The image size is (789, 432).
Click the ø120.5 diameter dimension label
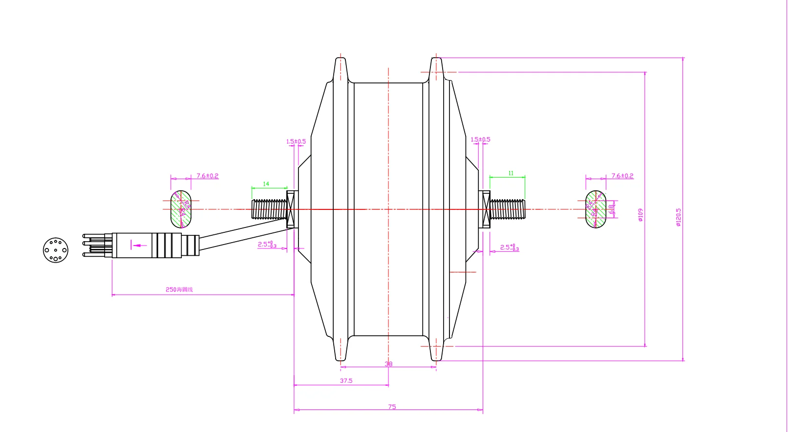678,217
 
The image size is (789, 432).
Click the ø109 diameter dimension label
640,215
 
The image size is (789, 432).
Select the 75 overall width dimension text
392,407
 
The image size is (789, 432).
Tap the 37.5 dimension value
346,381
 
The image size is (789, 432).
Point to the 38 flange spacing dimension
388,364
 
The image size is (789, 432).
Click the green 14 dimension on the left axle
266,184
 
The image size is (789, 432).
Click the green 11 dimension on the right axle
511,173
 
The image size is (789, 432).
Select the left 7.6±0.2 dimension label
207,176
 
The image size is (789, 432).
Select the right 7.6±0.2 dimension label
622,176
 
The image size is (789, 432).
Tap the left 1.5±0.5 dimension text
296,142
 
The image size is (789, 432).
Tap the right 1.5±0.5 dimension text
480,140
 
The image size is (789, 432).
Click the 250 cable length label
179,289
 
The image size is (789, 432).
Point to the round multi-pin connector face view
55,250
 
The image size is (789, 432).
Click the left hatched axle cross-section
181,209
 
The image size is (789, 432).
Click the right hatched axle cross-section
596,209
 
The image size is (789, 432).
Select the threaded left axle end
269,209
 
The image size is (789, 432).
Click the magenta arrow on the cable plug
139,245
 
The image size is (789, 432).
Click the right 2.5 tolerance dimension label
509,247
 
